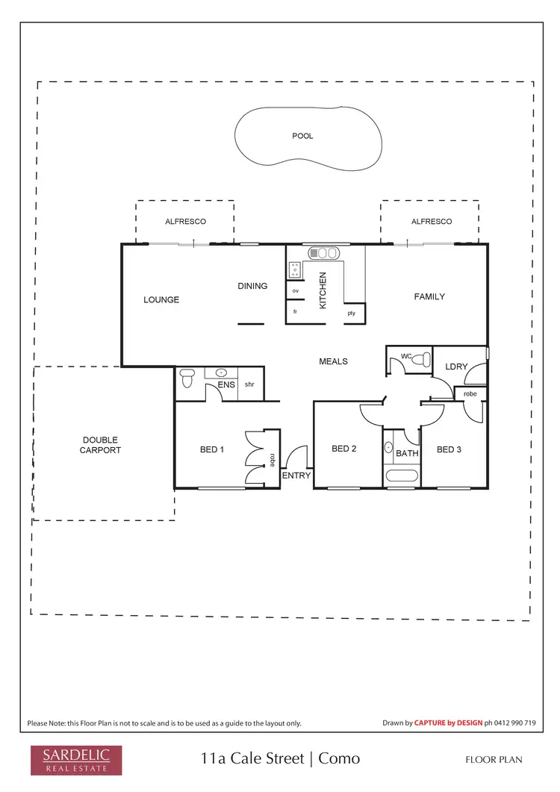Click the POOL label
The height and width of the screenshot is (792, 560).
pos(302,137)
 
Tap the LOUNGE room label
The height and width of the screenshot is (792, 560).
pos(161,300)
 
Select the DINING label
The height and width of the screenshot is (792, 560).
pos(252,286)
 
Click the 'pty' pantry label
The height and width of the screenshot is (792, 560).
pos(351,314)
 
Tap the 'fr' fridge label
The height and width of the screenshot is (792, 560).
pos(295,311)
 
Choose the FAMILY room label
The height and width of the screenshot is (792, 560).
pos(429,297)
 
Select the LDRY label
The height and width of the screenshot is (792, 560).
pos(455,367)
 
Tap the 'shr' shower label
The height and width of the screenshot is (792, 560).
pos(249,385)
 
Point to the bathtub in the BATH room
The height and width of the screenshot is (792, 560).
pos(402,476)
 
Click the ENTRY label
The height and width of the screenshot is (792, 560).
pos(296,475)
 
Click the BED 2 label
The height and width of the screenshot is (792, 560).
pos(343,449)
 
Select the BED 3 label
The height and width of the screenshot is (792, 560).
pos(449,449)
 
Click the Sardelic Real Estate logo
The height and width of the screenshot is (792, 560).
pos(75,758)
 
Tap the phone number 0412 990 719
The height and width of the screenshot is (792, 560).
pos(516,723)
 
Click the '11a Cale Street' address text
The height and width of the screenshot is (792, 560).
pos(252,759)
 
